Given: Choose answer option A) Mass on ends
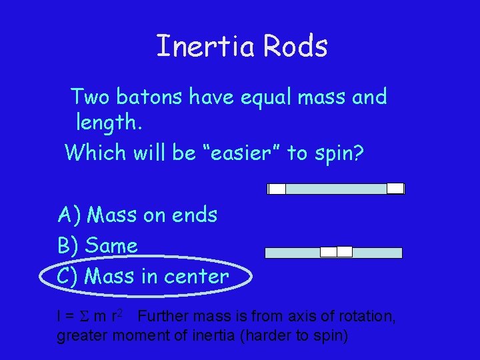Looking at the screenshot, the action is click(138, 215).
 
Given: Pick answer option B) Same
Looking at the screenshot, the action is click(98, 245).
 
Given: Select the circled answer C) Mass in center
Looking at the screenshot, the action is click(143, 276).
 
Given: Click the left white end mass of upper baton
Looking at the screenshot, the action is click(277, 189).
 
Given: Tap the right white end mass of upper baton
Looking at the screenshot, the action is click(395, 188).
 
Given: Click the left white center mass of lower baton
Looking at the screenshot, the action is click(328, 252).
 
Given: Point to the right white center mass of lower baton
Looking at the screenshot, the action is click(344, 252).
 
